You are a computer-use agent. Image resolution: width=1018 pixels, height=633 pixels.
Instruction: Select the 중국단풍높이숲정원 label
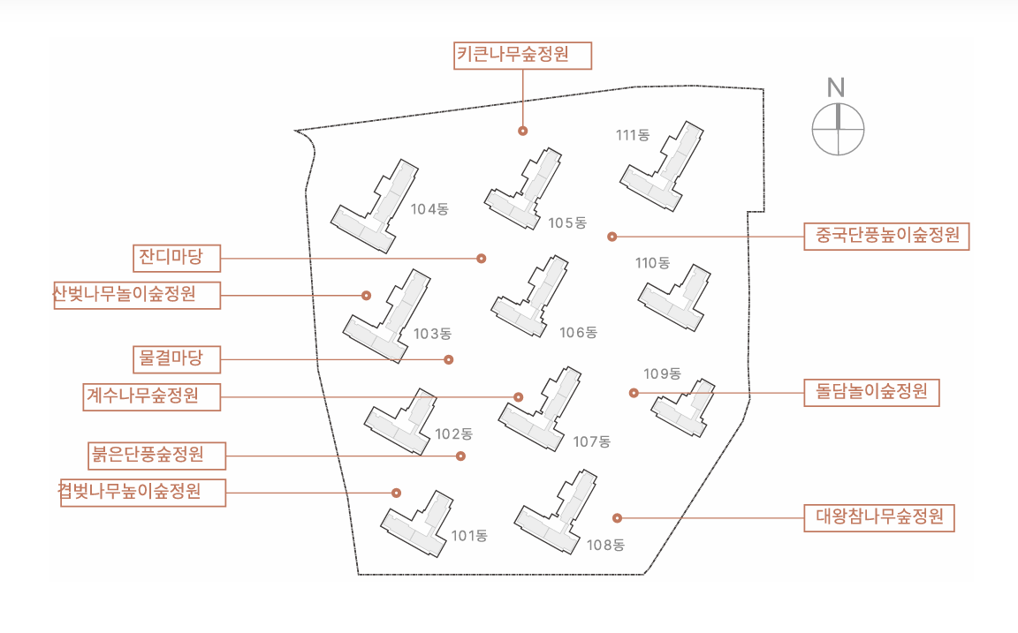tap(886, 236)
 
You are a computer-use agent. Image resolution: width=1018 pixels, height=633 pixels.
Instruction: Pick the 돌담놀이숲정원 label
tap(871, 392)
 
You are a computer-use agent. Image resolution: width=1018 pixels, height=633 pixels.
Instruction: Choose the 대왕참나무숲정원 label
tap(879, 518)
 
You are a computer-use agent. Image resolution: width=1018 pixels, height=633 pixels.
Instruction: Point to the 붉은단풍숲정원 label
tap(156, 456)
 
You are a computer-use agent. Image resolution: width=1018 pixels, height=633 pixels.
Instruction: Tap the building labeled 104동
tap(375, 207)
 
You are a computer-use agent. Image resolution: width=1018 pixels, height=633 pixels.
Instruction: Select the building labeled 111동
tap(662, 167)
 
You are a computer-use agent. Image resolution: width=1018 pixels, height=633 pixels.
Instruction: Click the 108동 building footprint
tap(557, 512)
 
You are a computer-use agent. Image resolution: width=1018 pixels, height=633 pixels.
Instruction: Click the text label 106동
tap(579, 333)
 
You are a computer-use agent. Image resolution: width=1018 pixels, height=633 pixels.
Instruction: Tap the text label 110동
tap(652, 263)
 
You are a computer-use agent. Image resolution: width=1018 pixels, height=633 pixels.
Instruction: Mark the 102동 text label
tap(454, 433)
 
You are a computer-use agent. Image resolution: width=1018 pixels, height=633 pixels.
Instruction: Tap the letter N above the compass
tap(836, 87)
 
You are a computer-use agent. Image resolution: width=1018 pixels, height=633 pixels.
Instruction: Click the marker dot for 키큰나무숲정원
tap(522, 131)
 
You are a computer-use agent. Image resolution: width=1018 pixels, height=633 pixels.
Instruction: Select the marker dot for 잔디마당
tap(481, 259)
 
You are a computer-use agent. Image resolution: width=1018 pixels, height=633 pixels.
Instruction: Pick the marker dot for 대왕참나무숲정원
tap(618, 518)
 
